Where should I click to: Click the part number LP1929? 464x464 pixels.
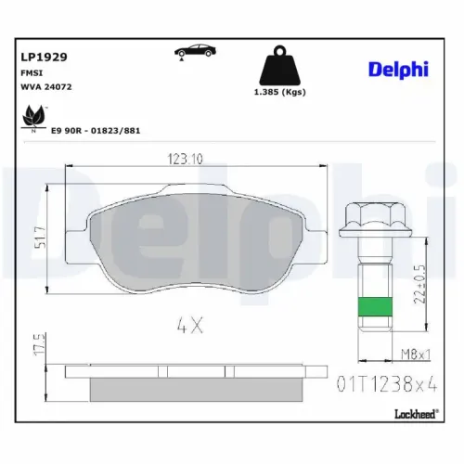(44, 57)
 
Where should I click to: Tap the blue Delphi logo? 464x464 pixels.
(398, 70)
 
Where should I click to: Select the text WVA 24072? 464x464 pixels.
(46, 87)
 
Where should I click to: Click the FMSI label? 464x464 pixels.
(32, 73)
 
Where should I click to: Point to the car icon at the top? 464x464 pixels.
(195, 51)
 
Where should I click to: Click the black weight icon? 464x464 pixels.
(280, 66)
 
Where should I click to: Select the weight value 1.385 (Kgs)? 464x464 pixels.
(280, 92)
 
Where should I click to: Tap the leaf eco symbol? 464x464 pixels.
(33, 118)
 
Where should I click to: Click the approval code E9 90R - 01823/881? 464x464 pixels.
(96, 131)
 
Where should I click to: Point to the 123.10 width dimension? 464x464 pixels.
(186, 159)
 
